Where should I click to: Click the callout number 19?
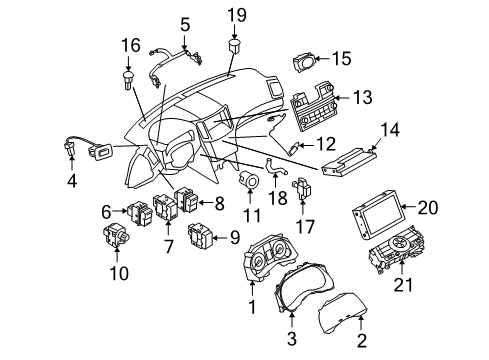(x=237, y=15)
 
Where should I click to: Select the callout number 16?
(x=131, y=45)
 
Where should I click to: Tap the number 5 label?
(x=185, y=24)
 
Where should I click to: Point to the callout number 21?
(x=403, y=285)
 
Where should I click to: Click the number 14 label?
(x=390, y=130)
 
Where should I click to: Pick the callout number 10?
(x=119, y=273)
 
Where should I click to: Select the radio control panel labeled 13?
(x=312, y=107)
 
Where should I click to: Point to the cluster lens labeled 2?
(x=343, y=313)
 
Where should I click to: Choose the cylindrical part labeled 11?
(x=250, y=180)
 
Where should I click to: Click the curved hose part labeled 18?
(x=275, y=168)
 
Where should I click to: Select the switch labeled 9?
(x=200, y=236)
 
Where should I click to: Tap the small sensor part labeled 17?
(x=302, y=188)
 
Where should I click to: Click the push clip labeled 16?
(x=128, y=80)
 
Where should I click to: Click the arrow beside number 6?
(x=119, y=211)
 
